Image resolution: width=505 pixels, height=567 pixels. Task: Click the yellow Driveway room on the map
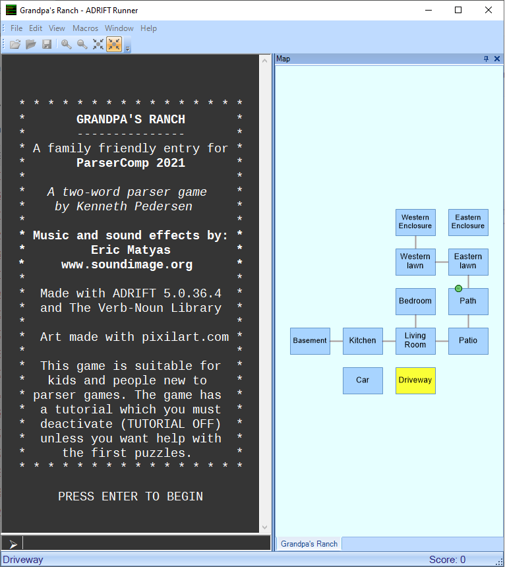point(415,380)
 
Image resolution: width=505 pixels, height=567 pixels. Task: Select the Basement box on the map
point(310,341)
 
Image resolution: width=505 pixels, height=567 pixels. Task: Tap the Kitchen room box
point(363,341)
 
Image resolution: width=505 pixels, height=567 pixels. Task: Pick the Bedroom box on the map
point(415,301)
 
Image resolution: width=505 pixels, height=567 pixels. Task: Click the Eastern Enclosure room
point(468,222)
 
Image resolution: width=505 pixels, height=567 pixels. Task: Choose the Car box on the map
point(363,380)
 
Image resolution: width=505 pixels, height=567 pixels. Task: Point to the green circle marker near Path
point(458,288)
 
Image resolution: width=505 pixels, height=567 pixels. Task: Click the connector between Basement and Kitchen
point(336,341)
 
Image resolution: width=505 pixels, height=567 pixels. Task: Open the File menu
point(16,28)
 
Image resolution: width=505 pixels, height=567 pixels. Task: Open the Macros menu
point(85,28)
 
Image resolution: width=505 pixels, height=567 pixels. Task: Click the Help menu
point(148,28)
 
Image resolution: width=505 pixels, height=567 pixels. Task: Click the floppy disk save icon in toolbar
point(47,44)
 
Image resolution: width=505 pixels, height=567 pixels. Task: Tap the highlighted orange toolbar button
point(114,44)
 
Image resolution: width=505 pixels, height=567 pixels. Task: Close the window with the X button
point(489,10)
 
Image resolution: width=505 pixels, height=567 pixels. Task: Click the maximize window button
point(458,10)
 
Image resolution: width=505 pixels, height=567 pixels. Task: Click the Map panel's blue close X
point(497,59)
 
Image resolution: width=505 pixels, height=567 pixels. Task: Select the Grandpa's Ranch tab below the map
point(309,544)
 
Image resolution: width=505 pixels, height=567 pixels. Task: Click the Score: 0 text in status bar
point(447,559)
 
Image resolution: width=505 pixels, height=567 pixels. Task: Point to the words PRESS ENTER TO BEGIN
point(131,496)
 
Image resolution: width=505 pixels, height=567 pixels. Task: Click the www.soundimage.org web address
point(127,264)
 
